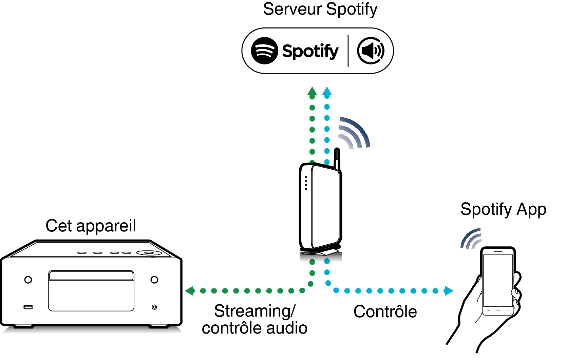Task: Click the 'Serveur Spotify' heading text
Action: click(320, 10)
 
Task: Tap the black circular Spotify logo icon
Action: click(264, 51)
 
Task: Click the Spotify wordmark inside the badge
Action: click(310, 51)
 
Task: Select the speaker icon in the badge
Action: click(371, 51)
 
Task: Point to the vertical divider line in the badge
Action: click(348, 51)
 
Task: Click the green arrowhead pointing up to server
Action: click(312, 92)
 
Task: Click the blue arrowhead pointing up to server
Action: click(327, 92)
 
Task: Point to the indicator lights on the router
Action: click(306, 183)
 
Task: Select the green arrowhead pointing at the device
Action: click(190, 291)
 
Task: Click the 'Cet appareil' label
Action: click(91, 226)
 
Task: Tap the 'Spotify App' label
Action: click(503, 209)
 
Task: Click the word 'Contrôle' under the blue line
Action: click(385, 312)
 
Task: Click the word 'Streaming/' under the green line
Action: click(255, 311)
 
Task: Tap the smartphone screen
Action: click(498, 280)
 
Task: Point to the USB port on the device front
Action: click(28, 307)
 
